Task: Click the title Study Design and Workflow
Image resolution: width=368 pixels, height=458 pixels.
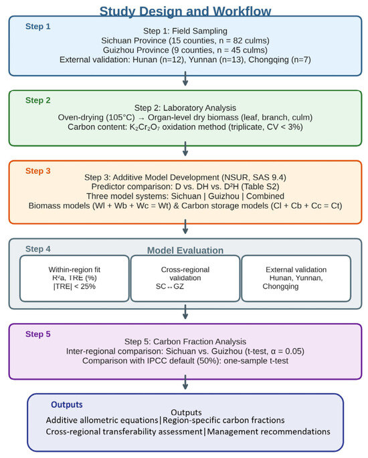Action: coord(185,11)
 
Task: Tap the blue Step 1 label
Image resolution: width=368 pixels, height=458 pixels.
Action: coord(37,26)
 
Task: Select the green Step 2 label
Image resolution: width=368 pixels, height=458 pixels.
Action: coord(37,100)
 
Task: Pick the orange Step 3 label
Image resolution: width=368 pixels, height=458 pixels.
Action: coord(37,171)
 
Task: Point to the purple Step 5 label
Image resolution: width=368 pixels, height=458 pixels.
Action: coord(37,334)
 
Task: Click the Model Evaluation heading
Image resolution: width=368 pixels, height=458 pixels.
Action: coord(185,250)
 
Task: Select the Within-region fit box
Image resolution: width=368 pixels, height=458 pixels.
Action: coord(74,278)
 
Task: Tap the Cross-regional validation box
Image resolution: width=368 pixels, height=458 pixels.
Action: coord(185,278)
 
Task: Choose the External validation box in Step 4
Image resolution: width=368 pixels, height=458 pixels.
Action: coord(296,278)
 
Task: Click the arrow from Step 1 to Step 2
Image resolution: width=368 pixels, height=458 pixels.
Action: coord(185,79)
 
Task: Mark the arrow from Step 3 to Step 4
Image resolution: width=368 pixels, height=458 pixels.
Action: coord(185,227)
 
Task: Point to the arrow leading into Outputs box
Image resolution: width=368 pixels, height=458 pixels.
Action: coord(185,382)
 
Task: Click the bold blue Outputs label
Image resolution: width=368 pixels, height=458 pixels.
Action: coord(67,405)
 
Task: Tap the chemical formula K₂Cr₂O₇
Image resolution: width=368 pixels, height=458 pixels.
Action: coord(145,127)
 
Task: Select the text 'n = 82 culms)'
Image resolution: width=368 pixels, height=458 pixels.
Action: coord(244,40)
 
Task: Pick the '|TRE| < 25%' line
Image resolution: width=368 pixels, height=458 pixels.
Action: coord(74,286)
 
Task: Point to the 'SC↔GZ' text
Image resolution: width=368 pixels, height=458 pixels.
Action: coord(170,286)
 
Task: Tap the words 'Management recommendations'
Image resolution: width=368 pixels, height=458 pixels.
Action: coord(268,431)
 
